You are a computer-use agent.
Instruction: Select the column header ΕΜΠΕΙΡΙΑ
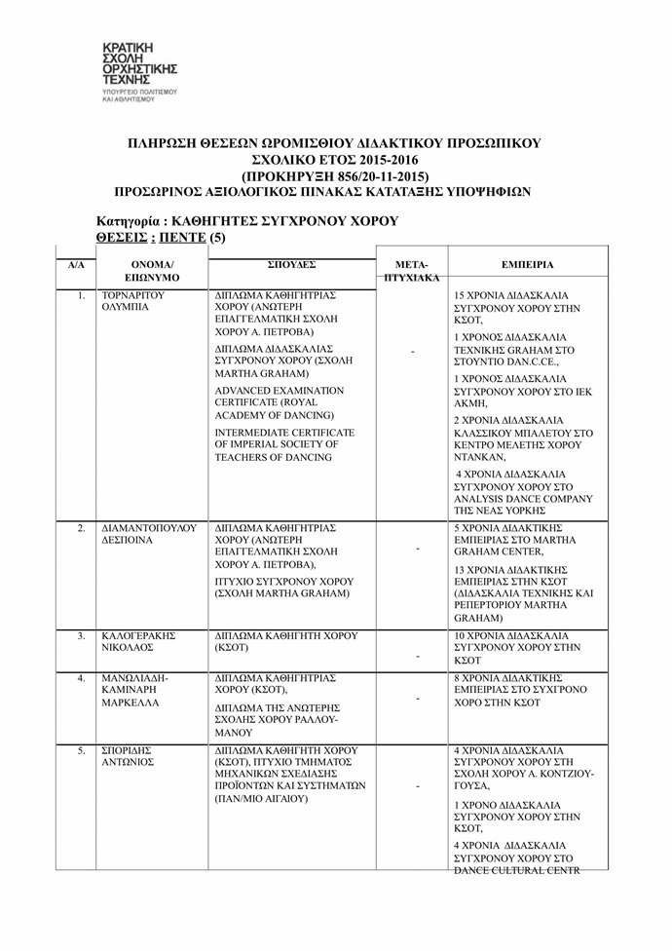(528, 264)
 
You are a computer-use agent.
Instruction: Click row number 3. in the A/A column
(82, 636)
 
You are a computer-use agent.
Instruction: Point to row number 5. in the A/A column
(82, 750)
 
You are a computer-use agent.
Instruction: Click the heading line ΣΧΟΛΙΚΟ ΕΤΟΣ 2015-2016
(334, 160)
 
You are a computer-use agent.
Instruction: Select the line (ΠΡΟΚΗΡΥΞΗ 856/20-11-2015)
(334, 176)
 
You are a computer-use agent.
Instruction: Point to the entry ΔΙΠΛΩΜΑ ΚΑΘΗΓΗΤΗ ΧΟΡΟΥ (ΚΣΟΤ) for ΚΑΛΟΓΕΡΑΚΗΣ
(285, 641)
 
